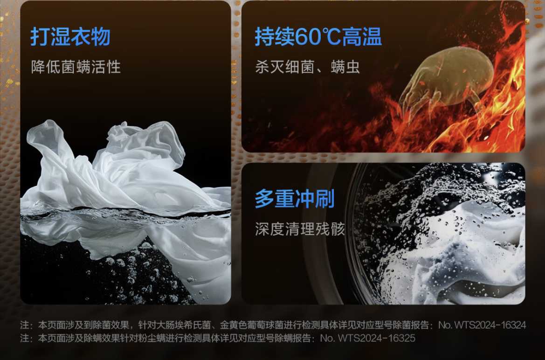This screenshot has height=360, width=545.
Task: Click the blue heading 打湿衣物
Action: [x=70, y=36]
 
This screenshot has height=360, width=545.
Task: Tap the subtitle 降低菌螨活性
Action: [x=76, y=66]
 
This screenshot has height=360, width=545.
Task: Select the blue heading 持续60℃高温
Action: [x=318, y=36]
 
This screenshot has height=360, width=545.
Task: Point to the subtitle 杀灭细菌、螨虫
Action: [x=308, y=66]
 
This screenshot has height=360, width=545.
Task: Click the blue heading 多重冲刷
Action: [x=295, y=199]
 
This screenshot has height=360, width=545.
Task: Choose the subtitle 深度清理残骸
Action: [x=300, y=229]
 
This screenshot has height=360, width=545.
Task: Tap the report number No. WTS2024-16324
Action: [x=482, y=325]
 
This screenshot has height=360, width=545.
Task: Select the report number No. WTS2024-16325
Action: [x=368, y=338]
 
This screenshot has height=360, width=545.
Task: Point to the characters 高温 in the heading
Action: [x=362, y=36]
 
